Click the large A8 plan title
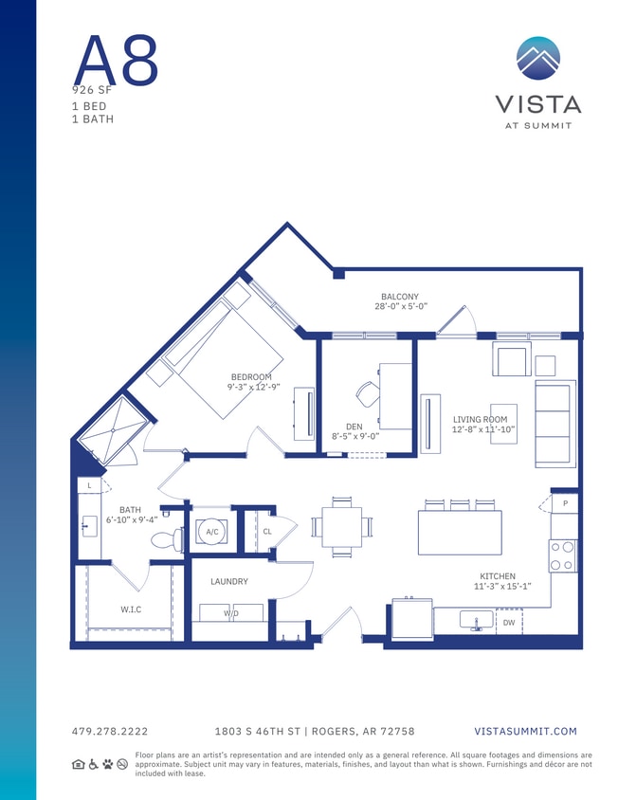(x=116, y=59)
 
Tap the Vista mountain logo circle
(x=537, y=59)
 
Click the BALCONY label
(x=399, y=297)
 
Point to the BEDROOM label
(x=250, y=376)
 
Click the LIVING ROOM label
(x=480, y=419)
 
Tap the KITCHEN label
(x=497, y=575)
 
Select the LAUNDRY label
(x=229, y=581)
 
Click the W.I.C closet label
(x=131, y=609)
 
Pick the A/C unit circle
(x=212, y=533)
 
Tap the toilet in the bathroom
(x=167, y=538)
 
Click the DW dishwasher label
(x=508, y=622)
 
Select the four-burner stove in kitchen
(x=563, y=555)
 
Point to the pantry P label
(x=565, y=503)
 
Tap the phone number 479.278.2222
(x=110, y=731)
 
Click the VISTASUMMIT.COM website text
(x=525, y=731)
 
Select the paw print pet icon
(x=108, y=763)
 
